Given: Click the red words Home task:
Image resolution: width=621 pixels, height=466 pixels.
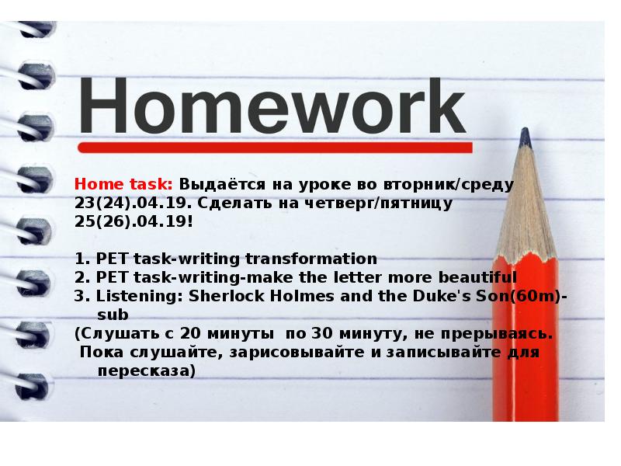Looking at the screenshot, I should coord(123,186).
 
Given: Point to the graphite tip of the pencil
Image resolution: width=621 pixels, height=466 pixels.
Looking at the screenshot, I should coord(526,138).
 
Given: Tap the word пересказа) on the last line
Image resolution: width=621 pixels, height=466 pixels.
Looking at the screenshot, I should coord(146,370).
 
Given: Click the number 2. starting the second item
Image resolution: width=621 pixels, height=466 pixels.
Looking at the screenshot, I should coord(84,277).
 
